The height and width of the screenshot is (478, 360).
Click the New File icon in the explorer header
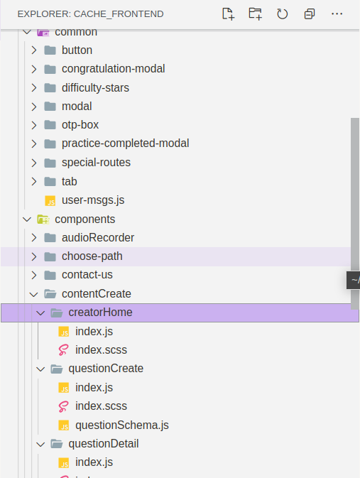[228, 13]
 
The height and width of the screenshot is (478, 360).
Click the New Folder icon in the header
[255, 13]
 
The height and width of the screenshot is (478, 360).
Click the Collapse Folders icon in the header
[309, 13]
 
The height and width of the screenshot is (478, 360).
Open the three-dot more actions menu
[337, 13]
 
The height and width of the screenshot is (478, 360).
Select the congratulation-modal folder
[113, 69]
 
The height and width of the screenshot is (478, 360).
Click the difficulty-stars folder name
[95, 87]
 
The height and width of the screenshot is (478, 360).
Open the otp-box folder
[80, 125]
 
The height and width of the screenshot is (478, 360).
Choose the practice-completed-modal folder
[125, 143]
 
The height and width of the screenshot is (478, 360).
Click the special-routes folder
[96, 163]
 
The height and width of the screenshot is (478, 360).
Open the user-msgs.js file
[93, 200]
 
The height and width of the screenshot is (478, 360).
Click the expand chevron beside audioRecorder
[34, 237]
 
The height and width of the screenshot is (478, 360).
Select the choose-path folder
[87, 256]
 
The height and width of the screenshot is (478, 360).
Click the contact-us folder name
[87, 275]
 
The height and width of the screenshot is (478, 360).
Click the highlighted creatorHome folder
[100, 313]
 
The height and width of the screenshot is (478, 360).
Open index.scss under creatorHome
[101, 350]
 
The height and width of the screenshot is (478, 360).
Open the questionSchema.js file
[121, 425]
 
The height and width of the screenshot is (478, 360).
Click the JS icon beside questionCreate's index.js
[64, 388]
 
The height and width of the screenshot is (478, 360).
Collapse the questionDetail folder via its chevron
[40, 444]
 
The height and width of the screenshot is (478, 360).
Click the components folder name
[84, 219]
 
